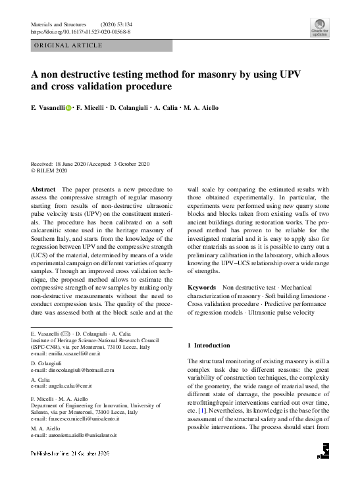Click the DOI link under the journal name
click(80, 31)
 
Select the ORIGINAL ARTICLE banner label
click(68, 45)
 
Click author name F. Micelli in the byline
click(89, 108)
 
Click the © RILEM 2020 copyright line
click(49, 170)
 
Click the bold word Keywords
click(201, 288)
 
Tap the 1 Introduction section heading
click(209, 345)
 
